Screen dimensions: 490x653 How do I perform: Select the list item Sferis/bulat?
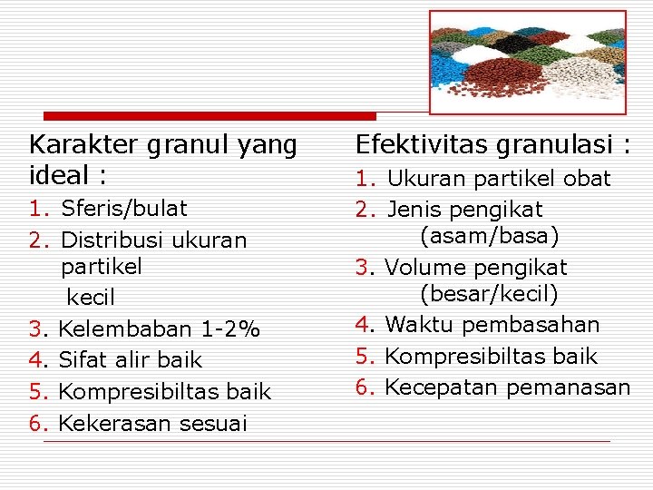124,209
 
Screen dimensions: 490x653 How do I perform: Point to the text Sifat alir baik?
132,360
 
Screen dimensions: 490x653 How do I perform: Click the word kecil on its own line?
91,298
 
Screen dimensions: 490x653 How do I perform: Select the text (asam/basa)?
490,237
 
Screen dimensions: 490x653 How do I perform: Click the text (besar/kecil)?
490,295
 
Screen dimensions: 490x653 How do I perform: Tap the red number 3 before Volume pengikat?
361,268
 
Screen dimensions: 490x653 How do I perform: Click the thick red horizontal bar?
210,116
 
